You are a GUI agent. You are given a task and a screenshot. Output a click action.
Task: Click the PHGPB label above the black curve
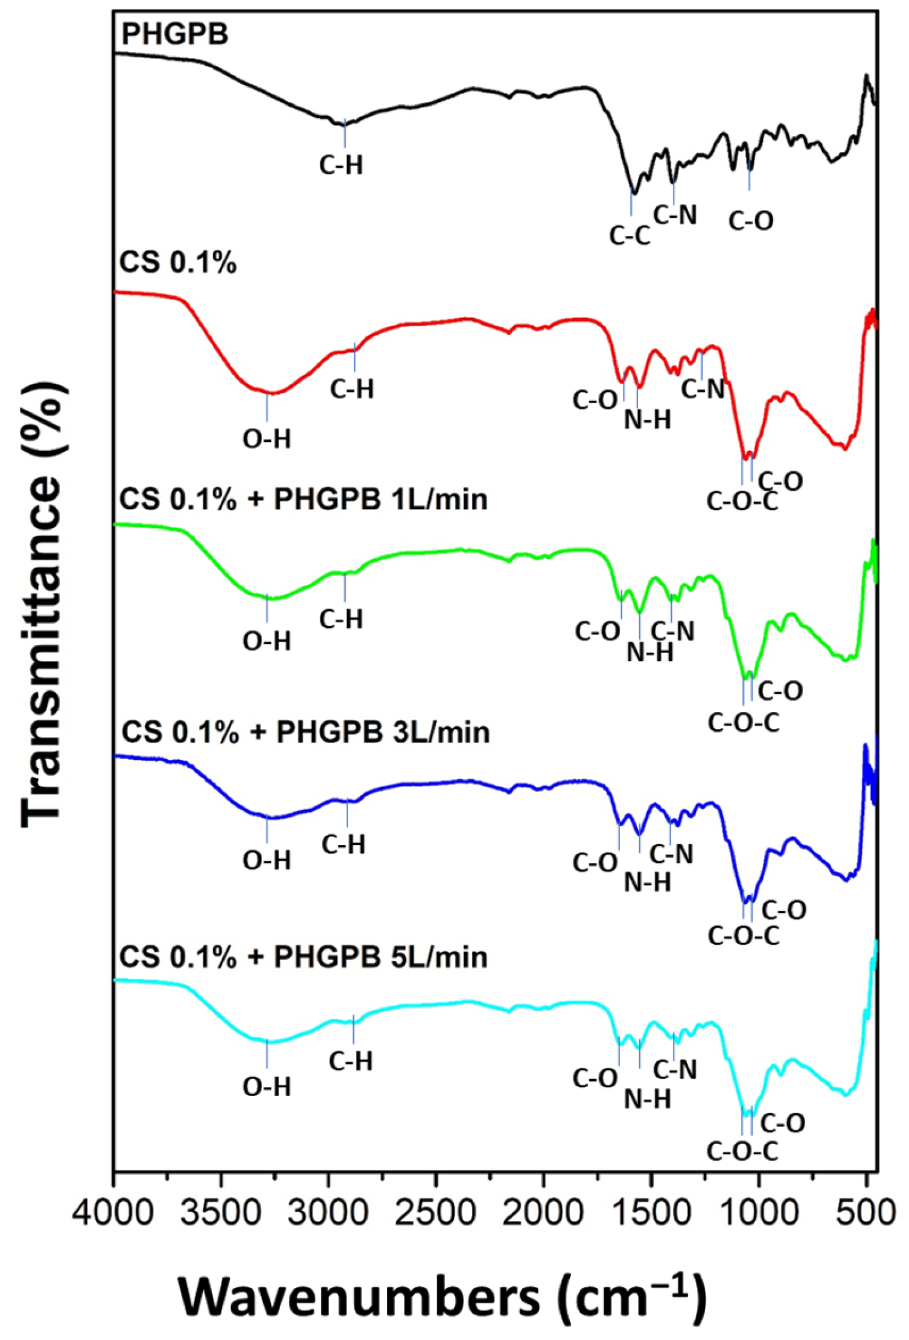175,34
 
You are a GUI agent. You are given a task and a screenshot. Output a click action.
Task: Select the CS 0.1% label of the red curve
178,263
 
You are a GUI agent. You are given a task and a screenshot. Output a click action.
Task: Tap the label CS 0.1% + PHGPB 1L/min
303,500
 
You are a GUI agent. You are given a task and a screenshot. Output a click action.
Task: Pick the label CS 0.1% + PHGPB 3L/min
305,732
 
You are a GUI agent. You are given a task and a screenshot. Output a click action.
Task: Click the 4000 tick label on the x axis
113,1211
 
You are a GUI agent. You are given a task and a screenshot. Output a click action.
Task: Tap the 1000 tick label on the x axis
759,1211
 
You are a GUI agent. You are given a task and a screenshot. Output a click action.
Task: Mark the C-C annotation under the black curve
630,236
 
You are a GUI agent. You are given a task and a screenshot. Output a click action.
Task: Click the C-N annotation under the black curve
675,215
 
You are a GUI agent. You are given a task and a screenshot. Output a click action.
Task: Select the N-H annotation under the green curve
649,652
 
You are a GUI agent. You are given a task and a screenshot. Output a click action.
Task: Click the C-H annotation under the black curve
342,165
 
